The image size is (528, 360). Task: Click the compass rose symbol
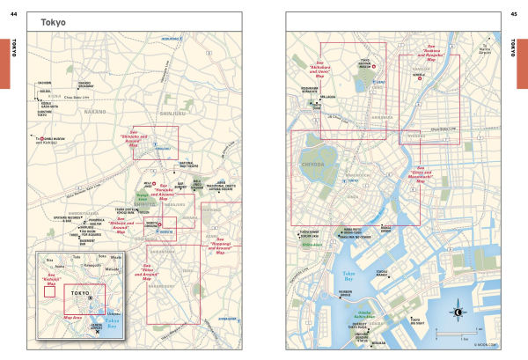[458, 312]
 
